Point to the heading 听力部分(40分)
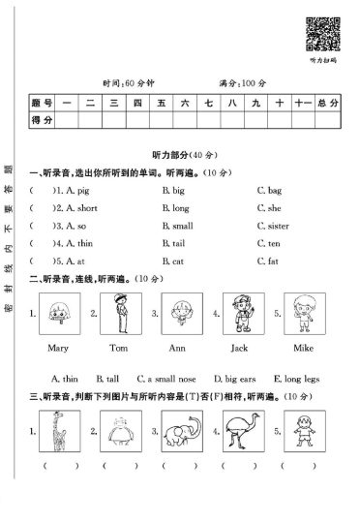click(x=180, y=156)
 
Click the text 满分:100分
click(x=241, y=80)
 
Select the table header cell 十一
click(x=300, y=103)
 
